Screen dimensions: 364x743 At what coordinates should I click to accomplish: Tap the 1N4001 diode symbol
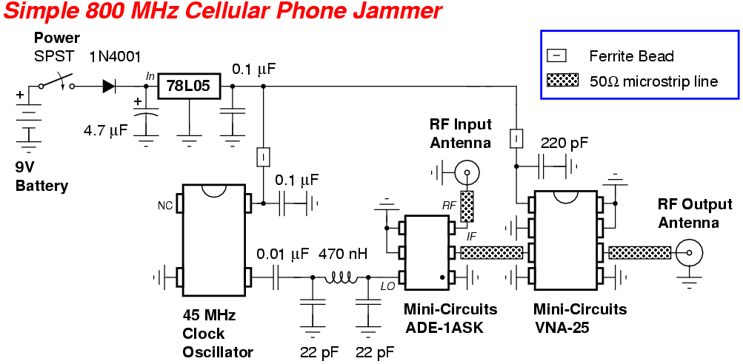coord(109,87)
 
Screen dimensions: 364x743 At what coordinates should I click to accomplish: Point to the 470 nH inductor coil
coord(343,278)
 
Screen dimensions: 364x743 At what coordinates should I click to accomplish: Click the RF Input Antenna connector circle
coord(467,174)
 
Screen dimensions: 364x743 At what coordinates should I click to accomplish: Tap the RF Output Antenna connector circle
coord(690,254)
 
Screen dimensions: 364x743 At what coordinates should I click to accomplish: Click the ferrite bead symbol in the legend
coord(556,55)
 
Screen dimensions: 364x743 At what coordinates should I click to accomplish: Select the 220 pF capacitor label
coord(564,143)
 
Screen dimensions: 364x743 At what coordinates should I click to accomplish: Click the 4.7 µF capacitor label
coord(106,131)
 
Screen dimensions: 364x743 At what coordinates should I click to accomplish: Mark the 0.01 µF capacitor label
coord(283,255)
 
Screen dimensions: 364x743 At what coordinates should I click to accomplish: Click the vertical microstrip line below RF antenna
coord(467,206)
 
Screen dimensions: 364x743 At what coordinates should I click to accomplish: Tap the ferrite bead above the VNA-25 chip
coord(517,138)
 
